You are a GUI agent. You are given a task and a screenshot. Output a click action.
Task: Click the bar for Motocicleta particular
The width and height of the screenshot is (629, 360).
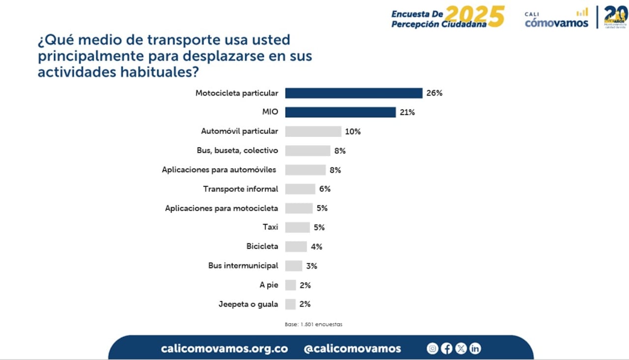point(354,93)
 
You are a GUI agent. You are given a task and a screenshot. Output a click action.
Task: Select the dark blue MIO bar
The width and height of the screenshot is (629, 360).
point(340,112)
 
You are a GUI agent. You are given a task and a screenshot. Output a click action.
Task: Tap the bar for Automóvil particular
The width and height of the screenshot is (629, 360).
point(313,132)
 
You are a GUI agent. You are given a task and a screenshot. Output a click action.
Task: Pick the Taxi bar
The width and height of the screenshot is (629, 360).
point(297,227)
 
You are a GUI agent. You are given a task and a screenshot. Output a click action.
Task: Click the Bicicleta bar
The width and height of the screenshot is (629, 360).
point(296,247)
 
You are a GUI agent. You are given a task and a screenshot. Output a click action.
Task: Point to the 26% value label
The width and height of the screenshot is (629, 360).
point(434,93)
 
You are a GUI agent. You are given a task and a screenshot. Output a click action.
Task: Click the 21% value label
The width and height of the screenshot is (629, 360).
point(407,112)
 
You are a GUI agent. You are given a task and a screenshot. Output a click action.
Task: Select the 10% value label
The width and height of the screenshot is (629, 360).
point(353,132)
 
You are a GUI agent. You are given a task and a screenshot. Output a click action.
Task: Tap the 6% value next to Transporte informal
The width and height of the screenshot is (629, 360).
point(325,189)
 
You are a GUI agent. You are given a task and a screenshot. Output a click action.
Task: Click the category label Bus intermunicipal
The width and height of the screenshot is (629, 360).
point(243,266)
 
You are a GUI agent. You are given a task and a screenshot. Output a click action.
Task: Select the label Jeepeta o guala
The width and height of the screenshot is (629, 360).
point(248,304)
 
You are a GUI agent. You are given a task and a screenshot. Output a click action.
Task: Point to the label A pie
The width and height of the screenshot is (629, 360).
point(269,285)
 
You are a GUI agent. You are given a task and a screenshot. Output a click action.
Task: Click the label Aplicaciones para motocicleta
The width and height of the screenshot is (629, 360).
point(222,208)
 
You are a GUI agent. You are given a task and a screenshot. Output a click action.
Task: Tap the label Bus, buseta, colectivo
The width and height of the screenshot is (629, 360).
point(237,151)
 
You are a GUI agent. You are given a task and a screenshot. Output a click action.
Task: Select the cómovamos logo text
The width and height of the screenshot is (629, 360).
point(556,23)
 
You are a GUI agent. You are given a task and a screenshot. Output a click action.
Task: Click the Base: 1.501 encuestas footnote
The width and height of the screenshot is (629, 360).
point(314,325)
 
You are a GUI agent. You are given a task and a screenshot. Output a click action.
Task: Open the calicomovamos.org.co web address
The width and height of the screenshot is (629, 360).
point(224,349)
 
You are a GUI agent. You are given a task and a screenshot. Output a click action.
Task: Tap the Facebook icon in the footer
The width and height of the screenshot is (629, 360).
point(447,349)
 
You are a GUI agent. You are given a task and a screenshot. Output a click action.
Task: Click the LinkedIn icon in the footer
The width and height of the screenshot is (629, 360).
point(475,349)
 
